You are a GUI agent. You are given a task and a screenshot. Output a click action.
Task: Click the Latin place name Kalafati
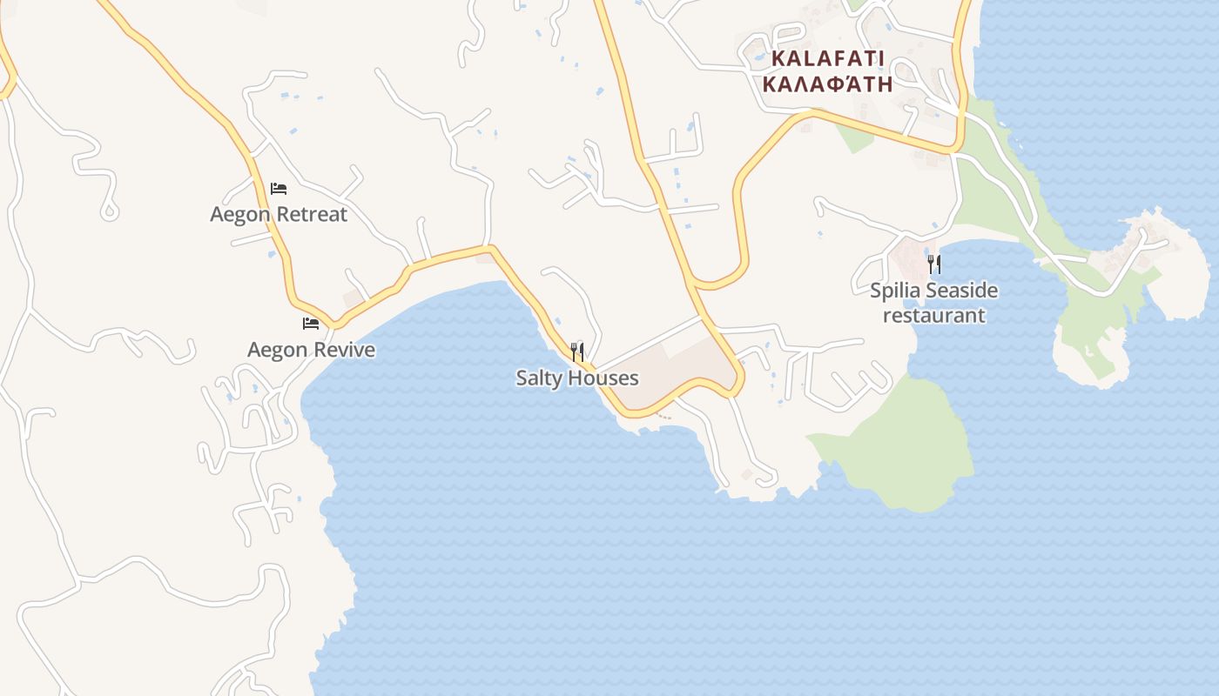827,59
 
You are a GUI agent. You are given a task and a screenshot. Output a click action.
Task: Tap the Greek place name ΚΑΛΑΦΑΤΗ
827,84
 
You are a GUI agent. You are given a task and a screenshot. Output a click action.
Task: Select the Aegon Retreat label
279,214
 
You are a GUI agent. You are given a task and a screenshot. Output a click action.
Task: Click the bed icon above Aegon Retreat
279,188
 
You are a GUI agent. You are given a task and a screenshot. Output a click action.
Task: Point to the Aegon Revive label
311,350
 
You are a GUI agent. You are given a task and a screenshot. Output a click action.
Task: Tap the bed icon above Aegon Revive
311,324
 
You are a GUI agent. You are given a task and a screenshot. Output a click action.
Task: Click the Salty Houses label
576,378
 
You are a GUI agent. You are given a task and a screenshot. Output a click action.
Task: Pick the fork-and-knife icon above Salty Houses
576,352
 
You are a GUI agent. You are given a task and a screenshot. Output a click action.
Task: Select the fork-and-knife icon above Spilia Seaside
934,264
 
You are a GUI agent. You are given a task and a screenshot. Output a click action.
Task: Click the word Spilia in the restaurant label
896,291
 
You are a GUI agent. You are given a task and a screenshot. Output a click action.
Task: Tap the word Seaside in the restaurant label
962,291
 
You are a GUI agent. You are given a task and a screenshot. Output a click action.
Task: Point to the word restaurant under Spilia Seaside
934,315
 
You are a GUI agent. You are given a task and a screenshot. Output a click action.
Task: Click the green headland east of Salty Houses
906,444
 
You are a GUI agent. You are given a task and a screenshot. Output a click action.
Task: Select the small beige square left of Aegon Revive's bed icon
353,299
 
